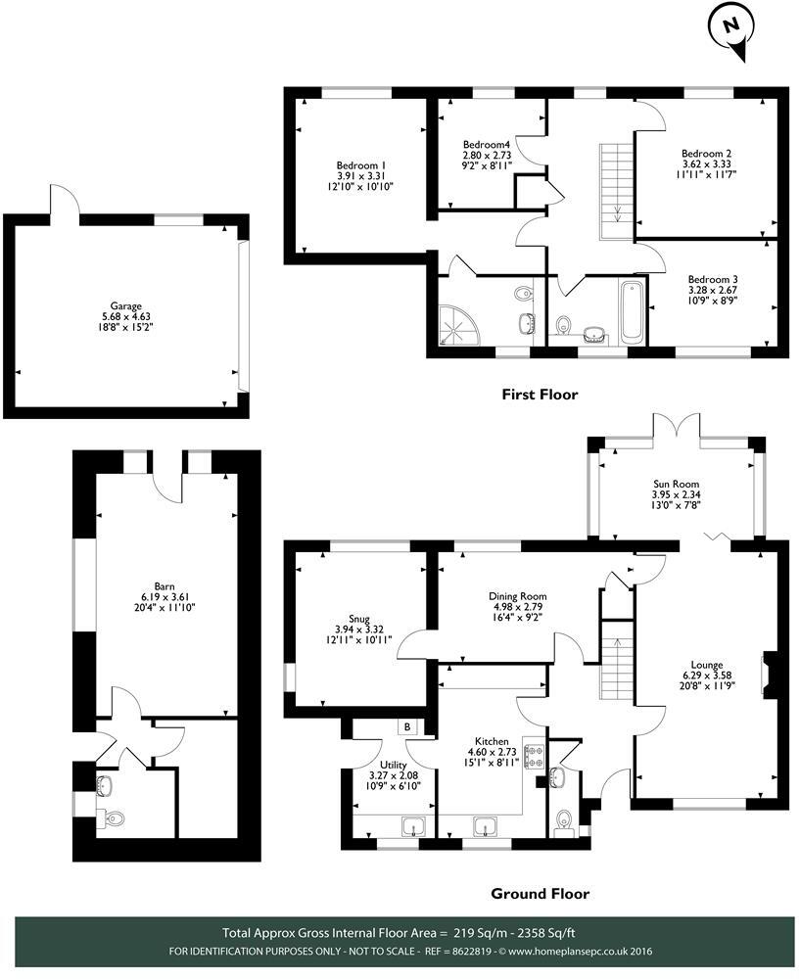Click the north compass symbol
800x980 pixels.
click(730, 30)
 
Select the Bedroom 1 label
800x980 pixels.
click(361, 165)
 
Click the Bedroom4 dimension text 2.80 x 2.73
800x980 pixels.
click(487, 156)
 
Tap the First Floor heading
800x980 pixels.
click(540, 395)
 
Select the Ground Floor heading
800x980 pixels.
click(539, 893)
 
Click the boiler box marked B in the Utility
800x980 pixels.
click(406, 727)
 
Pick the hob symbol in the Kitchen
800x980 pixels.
click(535, 756)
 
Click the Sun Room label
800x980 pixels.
click(677, 484)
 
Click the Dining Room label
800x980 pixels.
click(518, 595)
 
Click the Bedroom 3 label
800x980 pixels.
click(713, 279)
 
